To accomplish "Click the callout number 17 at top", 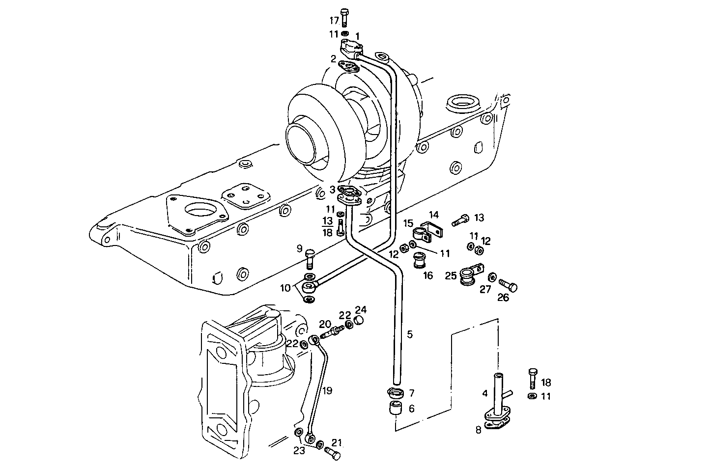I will click(334, 21).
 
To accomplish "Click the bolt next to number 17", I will click(344, 18).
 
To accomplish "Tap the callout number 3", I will click(333, 190).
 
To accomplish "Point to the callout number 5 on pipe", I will click(410, 334).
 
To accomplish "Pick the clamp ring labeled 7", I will click(396, 393).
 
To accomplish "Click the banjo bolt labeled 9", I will click(285, 288).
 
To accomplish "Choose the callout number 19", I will click(328, 391).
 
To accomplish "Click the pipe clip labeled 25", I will click(468, 276).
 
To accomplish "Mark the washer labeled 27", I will click(492, 278).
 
